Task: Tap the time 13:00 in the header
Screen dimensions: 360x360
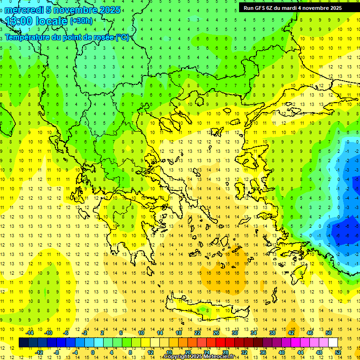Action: point(19,21)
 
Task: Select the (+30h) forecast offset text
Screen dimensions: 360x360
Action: point(81,21)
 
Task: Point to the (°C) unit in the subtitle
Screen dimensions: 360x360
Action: point(122,37)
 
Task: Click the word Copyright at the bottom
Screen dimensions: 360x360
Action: point(177,357)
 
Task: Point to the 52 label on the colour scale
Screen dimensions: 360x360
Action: point(338,352)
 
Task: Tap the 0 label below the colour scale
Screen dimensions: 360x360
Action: point(93,352)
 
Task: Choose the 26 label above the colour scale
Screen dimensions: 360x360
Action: point(216,333)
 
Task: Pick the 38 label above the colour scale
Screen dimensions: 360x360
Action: point(272,333)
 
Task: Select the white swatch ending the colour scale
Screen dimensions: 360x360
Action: point(333,343)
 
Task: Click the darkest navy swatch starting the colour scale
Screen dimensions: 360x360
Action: point(23,343)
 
